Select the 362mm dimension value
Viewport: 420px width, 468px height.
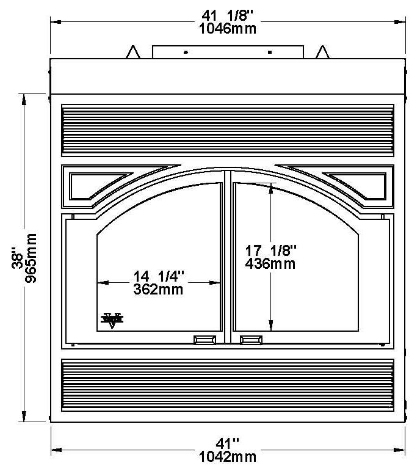(x=158, y=290)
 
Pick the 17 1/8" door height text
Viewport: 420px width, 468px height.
(x=270, y=250)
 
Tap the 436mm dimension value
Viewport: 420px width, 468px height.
(x=270, y=263)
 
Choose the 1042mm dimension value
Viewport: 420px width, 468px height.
(x=227, y=456)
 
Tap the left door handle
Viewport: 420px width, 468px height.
(x=205, y=340)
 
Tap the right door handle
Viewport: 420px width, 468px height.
(x=251, y=340)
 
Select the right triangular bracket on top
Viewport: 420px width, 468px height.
(x=322, y=53)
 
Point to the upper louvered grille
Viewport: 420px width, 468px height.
(x=227, y=129)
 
